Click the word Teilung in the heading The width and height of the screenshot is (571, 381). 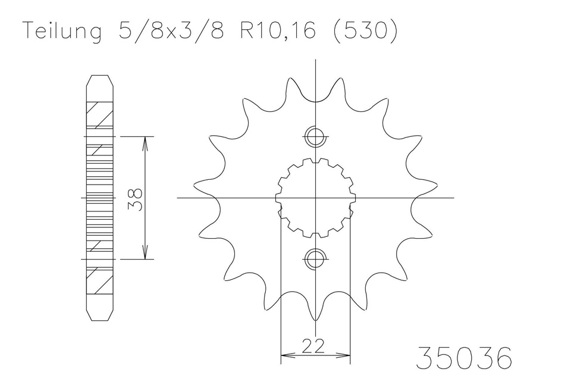pos(62,31)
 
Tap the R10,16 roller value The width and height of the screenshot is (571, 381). pos(277,30)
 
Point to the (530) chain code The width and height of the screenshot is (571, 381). pos(365,30)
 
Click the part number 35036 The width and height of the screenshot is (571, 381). pos(464,358)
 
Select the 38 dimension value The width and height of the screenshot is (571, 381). pos(135,199)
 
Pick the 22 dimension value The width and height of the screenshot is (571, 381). pos(313,346)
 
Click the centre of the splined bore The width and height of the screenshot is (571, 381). pos(315,198)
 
